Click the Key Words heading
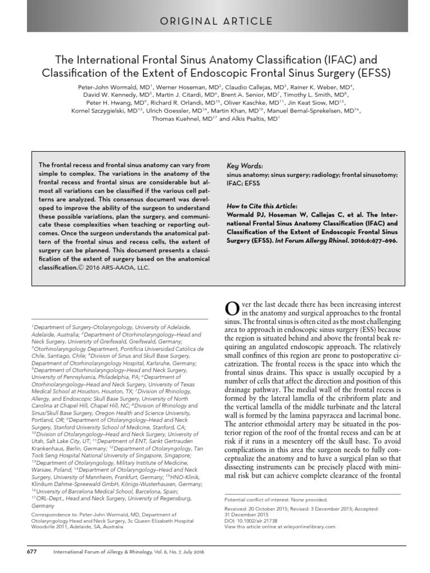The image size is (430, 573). click(x=244, y=166)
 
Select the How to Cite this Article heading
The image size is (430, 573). click(x=262, y=205)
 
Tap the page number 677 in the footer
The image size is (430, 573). click(x=32, y=551)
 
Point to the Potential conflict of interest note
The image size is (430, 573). click(x=275, y=499)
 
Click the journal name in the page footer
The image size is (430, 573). click(x=121, y=551)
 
